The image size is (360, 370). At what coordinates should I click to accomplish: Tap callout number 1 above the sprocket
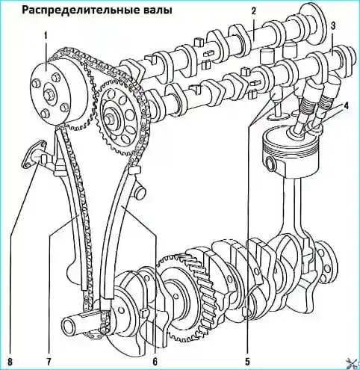tap(46, 36)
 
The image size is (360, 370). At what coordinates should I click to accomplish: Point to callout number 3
tap(333, 25)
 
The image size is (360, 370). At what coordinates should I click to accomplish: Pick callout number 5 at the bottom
tap(247, 362)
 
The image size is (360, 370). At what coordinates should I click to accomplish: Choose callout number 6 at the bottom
tap(155, 362)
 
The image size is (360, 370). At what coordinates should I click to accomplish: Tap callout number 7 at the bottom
tap(48, 362)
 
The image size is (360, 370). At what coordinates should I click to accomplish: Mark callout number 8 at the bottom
tap(10, 362)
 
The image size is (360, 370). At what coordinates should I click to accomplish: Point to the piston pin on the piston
tap(272, 164)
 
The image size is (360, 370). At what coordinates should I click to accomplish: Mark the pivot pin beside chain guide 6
tap(140, 191)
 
